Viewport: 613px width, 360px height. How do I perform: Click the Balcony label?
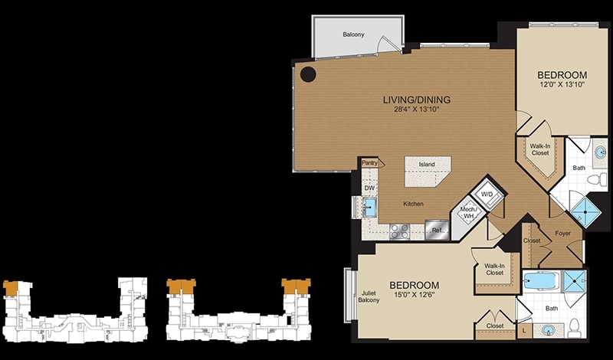point(353,34)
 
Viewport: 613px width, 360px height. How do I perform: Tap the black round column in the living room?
point(308,74)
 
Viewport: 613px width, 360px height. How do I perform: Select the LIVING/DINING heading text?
point(416,100)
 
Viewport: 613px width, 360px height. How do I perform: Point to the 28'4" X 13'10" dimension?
point(417,110)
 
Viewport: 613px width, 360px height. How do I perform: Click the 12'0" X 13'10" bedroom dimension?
point(562,84)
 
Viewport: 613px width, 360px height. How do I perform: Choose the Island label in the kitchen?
point(427,164)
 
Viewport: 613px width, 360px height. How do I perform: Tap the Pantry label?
point(369,162)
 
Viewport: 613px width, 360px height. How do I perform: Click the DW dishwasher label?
point(369,188)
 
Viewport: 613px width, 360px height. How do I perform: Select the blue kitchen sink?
point(370,208)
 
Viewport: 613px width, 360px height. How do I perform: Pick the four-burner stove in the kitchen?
point(400,231)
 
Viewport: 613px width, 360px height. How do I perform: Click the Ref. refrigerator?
point(437,230)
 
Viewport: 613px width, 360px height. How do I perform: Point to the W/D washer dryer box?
point(487,194)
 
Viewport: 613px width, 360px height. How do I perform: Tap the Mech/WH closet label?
point(467,212)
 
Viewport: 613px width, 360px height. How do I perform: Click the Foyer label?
point(562,234)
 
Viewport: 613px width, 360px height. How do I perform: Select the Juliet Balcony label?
point(369,297)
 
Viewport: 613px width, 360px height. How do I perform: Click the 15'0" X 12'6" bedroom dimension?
point(415,295)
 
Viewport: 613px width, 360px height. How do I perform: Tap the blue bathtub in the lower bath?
point(541,280)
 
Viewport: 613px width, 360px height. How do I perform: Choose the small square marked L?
point(524,331)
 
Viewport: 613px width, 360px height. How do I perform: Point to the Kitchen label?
point(413,204)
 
